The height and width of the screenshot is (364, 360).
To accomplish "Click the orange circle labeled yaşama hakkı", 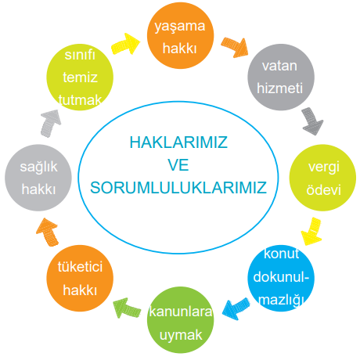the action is pos(180,35).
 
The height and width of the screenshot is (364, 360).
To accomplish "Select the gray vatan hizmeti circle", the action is pos(281,77).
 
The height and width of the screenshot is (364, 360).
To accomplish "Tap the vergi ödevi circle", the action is pos(322,178).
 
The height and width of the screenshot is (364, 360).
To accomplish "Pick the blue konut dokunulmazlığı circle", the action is pos(281,278).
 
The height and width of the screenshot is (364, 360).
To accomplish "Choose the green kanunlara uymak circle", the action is pos(180,320).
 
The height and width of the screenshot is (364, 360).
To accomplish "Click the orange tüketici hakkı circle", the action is pos(80,278).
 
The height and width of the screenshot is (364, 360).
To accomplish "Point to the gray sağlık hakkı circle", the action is pos(38,178).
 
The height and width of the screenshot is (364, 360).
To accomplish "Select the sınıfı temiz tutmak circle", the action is pos(80,77).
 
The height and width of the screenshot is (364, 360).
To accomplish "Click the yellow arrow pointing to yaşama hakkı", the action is pos(126,44).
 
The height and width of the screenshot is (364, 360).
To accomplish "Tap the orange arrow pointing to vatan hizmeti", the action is pos(235,47).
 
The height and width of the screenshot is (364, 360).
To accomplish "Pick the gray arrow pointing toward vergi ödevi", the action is pos(312,121).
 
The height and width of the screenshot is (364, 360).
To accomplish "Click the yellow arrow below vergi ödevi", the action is pos(311,232).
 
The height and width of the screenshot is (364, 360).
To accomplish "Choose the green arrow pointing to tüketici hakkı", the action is pos(127,308).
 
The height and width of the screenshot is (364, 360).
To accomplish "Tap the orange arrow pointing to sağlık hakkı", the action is pos(48,232).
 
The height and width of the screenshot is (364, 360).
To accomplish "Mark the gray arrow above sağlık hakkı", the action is pos(50,123).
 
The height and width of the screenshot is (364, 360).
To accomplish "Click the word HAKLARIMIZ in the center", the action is pos(178,142).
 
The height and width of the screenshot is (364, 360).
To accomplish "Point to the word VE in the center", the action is pos(178,165).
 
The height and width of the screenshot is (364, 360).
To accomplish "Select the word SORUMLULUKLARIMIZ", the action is pos(178,188).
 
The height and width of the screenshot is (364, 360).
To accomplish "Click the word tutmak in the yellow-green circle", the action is pos(80,100).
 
